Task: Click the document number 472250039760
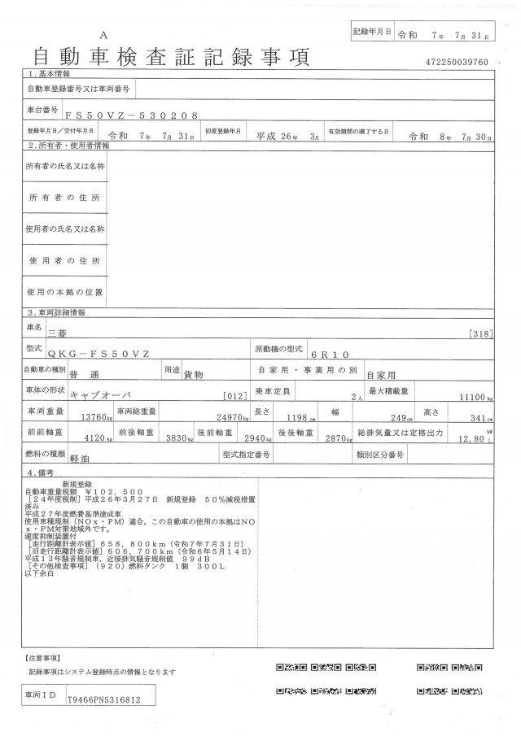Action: pos(457,62)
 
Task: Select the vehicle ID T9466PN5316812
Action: pos(104,699)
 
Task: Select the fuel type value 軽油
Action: pos(79,459)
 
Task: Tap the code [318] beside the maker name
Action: pos(481,334)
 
